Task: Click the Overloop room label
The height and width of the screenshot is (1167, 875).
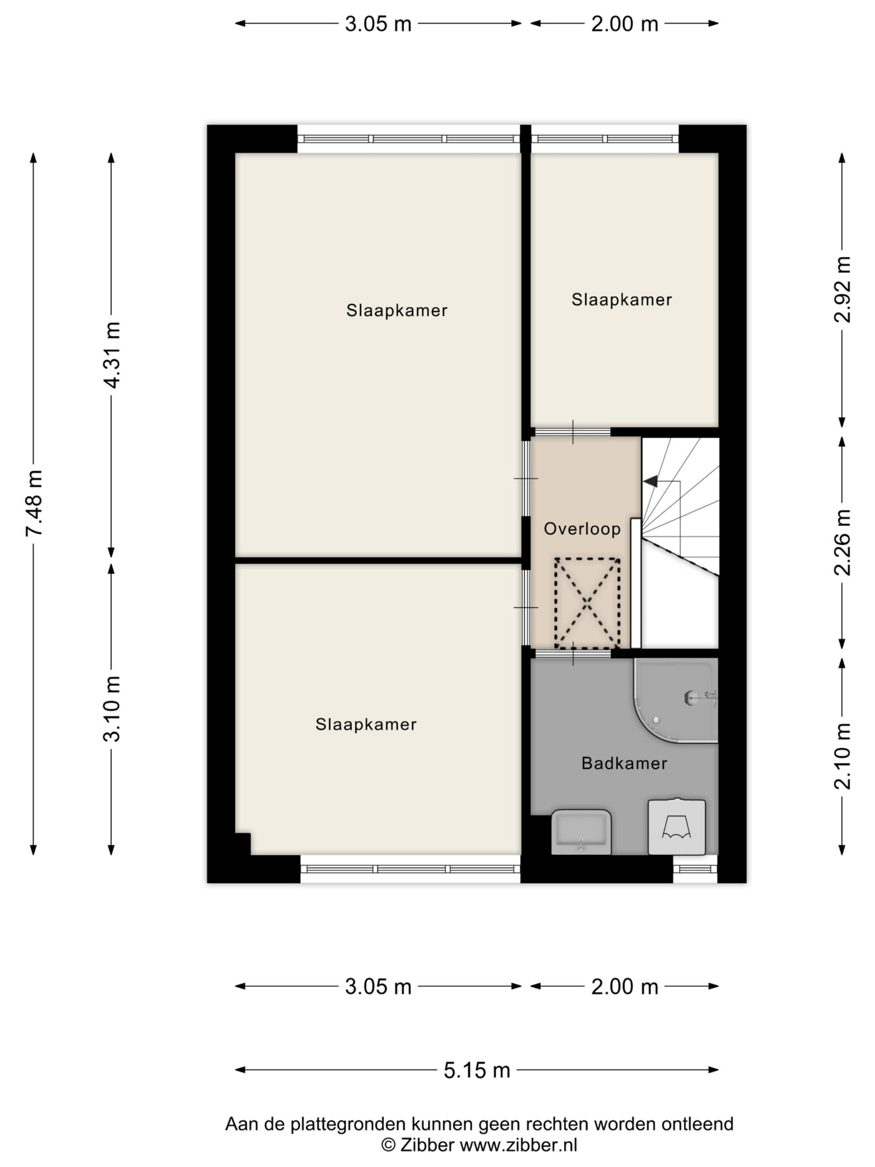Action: point(582,529)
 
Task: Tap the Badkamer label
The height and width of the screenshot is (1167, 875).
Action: point(624,763)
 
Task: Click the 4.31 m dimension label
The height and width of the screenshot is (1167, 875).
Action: point(112,355)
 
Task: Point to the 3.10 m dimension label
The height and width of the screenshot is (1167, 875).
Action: point(112,708)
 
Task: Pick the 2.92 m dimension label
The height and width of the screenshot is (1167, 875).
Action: point(842,289)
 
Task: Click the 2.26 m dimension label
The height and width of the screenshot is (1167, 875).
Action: point(842,542)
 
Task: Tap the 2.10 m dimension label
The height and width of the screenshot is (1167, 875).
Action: point(842,755)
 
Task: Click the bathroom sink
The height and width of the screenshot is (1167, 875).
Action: point(581,832)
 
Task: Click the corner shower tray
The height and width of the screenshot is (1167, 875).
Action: point(676,700)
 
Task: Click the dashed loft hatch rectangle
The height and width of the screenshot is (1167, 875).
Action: point(587,603)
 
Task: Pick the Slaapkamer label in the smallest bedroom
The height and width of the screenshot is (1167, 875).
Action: point(621,299)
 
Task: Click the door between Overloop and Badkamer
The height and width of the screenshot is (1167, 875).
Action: point(573,653)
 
